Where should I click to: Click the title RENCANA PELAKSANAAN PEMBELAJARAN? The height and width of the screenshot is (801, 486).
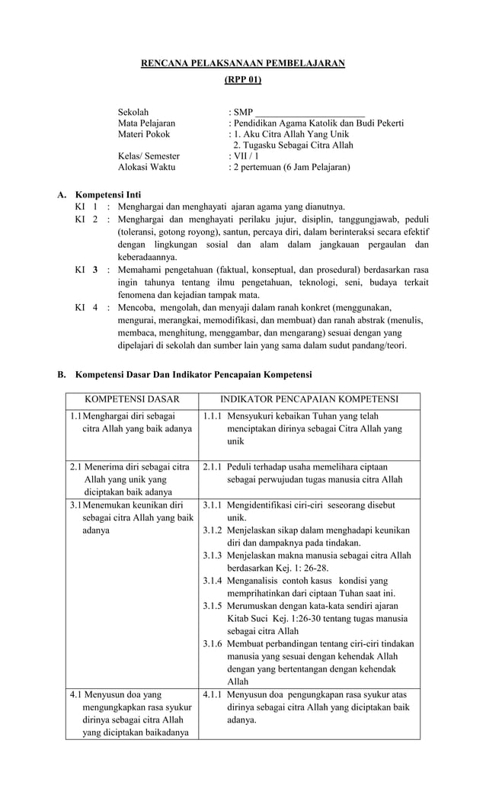[x=243, y=63]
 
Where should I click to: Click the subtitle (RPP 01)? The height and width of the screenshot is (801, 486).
[x=243, y=79]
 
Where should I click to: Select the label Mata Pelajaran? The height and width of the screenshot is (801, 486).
[x=146, y=123]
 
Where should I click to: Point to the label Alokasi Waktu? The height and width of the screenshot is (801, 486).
[x=146, y=166]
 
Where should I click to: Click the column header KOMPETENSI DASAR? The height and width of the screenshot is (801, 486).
[x=132, y=399]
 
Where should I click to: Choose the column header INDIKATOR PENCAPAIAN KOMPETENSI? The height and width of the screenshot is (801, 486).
[x=309, y=399]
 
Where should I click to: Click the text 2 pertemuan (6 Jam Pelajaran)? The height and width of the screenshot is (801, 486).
[x=293, y=166]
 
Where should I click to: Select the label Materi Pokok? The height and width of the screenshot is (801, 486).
[x=143, y=134]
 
